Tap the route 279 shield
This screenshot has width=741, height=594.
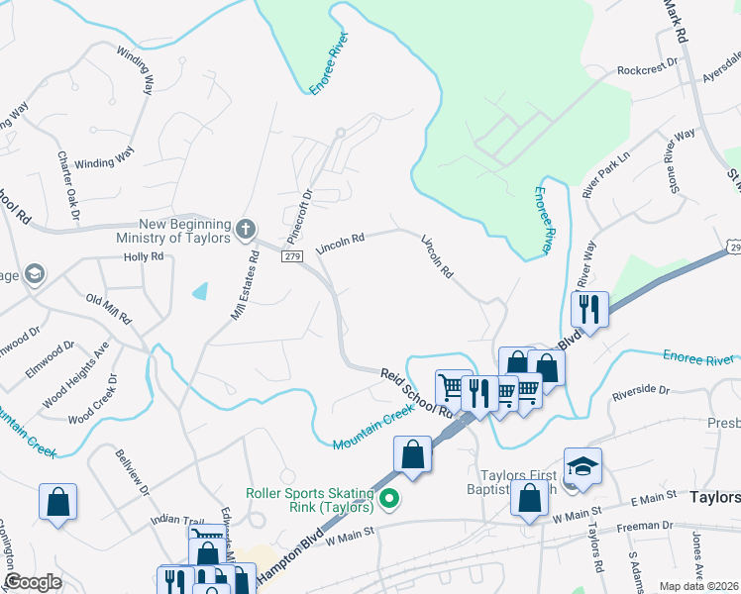coord(291,257)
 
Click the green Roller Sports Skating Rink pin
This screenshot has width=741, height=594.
coord(389,498)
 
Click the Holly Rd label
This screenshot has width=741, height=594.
coord(143,256)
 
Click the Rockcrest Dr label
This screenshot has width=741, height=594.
coord(646,70)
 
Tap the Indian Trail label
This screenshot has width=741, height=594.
coord(176,519)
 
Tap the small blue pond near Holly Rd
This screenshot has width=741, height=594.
coord(201,291)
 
